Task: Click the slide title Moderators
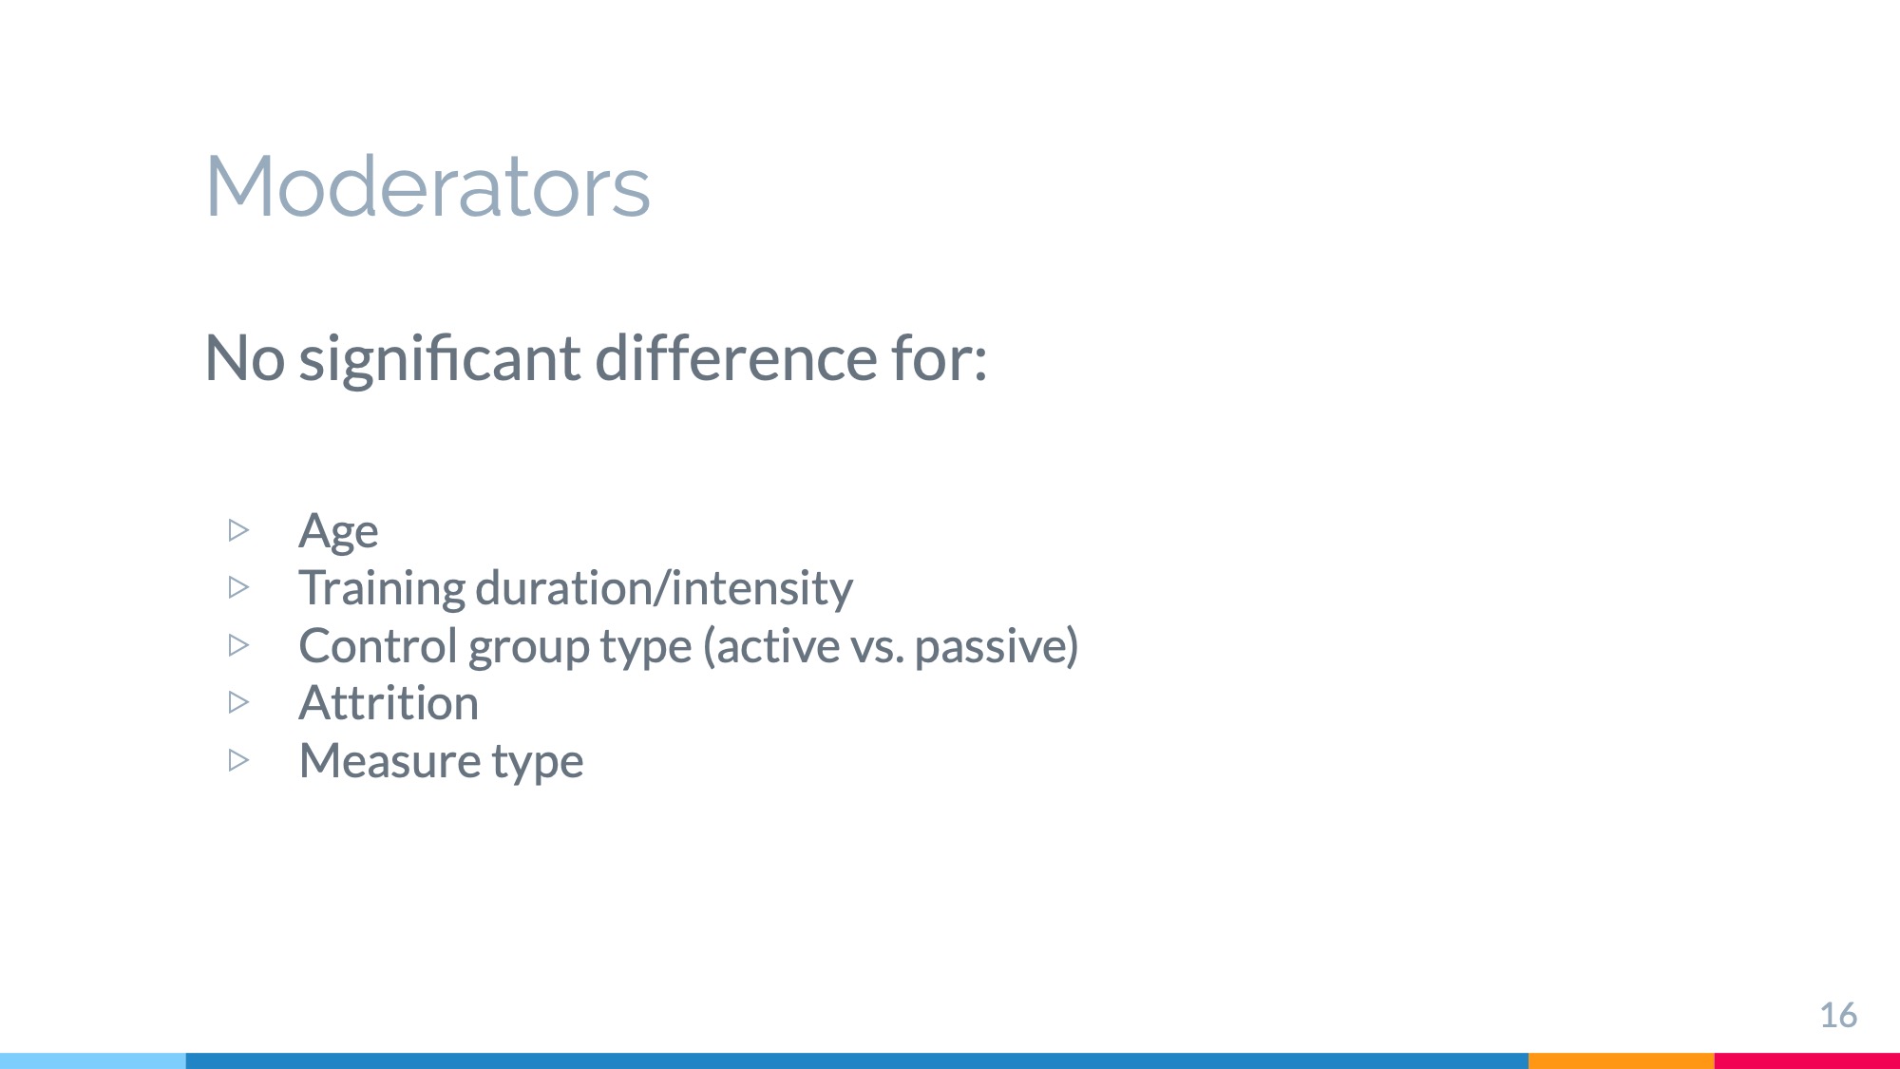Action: click(x=427, y=186)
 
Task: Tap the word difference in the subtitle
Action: click(x=736, y=358)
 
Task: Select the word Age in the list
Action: click(x=338, y=531)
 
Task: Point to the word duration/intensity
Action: click(x=664, y=587)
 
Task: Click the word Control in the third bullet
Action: click(x=378, y=645)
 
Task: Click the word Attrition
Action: click(x=389, y=703)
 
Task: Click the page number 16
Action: click(x=1838, y=1015)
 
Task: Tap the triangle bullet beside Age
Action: click(x=238, y=530)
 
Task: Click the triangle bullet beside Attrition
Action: click(x=238, y=702)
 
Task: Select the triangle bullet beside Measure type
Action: click(x=238, y=760)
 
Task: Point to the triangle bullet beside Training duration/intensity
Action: click(x=238, y=587)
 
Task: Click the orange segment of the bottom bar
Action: click(x=1622, y=1060)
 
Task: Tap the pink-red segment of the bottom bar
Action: click(x=1807, y=1060)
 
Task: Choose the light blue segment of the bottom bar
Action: click(x=93, y=1060)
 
